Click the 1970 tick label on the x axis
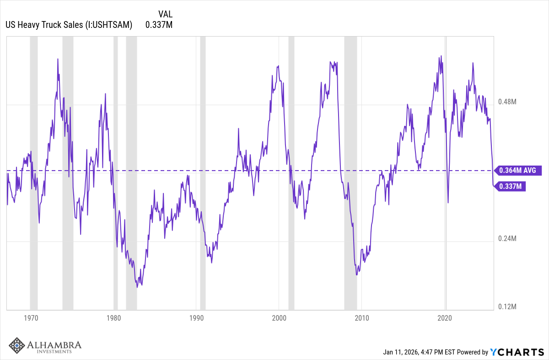pyautogui.click(x=31, y=318)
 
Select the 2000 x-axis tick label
pyautogui.click(x=279, y=318)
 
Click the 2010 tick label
pyautogui.click(x=362, y=318)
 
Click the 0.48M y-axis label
pyautogui.click(x=507, y=102)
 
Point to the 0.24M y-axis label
pyautogui.click(x=507, y=239)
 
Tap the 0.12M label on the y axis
pyautogui.click(x=507, y=306)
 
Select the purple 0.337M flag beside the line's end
pyautogui.click(x=511, y=186)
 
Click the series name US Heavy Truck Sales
pyautogui.click(x=69, y=25)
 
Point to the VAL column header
pyautogui.click(x=165, y=14)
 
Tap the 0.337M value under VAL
pyautogui.click(x=159, y=25)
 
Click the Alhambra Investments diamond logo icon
pyautogui.click(x=17, y=346)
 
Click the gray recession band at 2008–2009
pyautogui.click(x=350, y=174)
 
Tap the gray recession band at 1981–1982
pyautogui.click(x=131, y=174)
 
